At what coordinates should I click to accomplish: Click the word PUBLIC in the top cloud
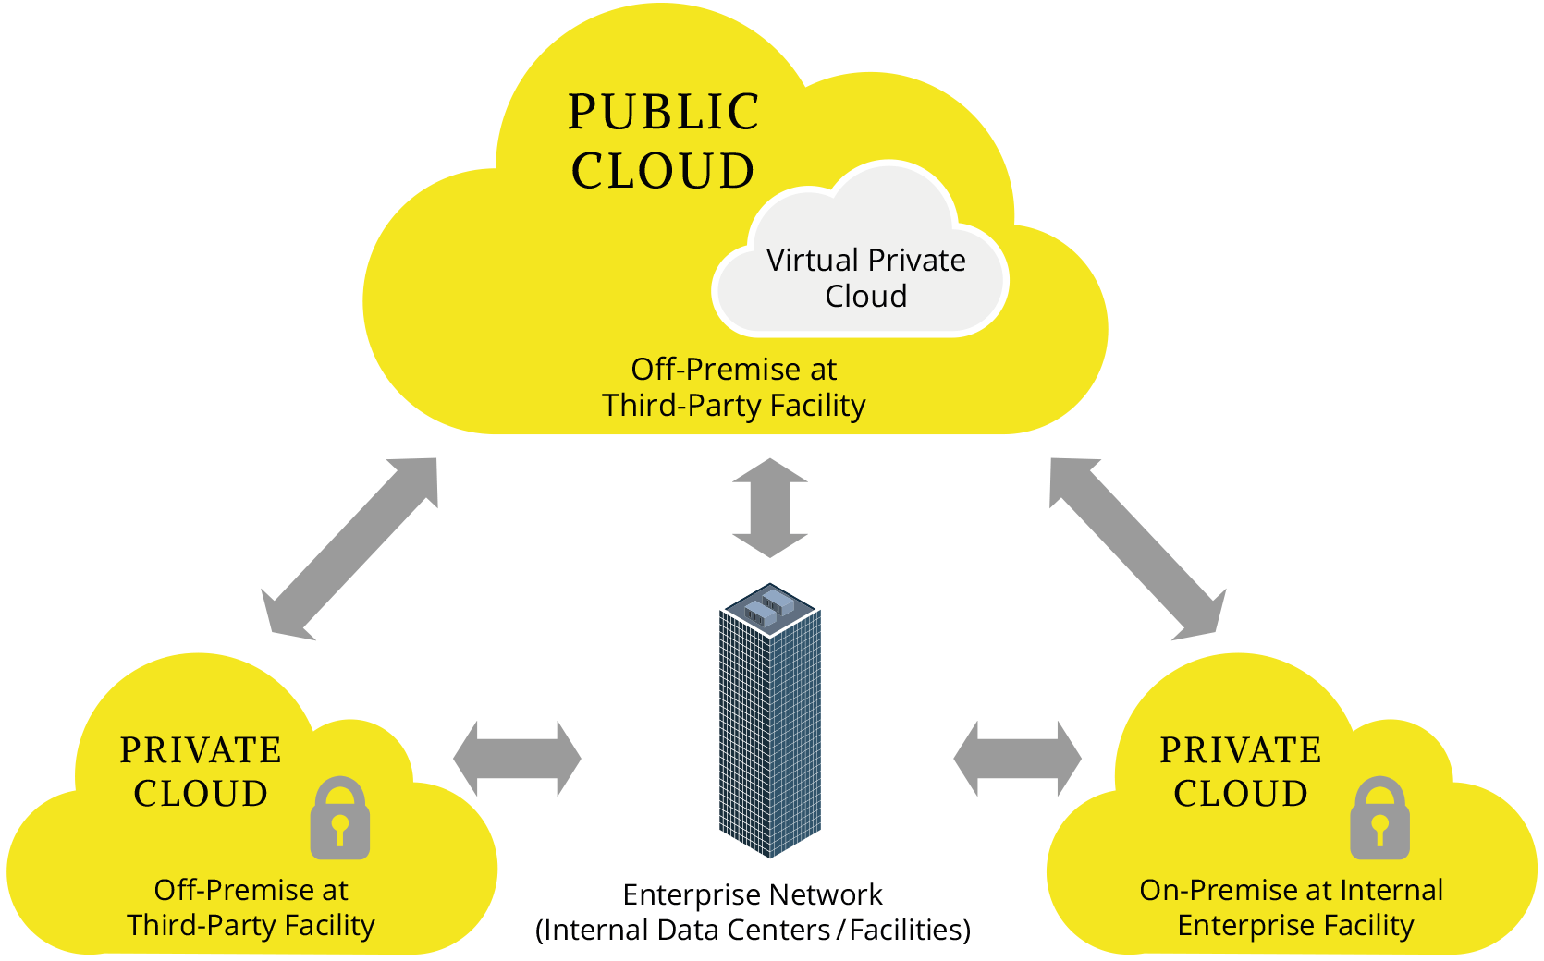[x=663, y=113]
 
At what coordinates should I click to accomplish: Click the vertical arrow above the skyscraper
[x=770, y=508]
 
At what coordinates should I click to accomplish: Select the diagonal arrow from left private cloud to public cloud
[x=349, y=549]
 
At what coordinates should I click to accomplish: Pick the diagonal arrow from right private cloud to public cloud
[x=1137, y=549]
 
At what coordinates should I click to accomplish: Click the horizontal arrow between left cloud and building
[x=517, y=759]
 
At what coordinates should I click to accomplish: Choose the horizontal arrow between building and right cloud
[x=1017, y=759]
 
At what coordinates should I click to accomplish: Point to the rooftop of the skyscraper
[x=769, y=608]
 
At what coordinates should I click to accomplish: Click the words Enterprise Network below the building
[x=753, y=894]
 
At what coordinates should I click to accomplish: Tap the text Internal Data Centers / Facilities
[x=753, y=930]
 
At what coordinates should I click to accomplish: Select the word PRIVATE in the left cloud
[x=201, y=750]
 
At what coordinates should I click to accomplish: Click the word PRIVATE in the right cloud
[x=1241, y=750]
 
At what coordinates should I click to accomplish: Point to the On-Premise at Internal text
[x=1291, y=890]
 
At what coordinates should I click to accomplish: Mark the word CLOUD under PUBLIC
[x=663, y=172]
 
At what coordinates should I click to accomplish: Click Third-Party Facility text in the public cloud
[x=734, y=406]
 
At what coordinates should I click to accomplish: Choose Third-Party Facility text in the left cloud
[x=251, y=925]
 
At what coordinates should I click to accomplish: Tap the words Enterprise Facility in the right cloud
[x=1295, y=925]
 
